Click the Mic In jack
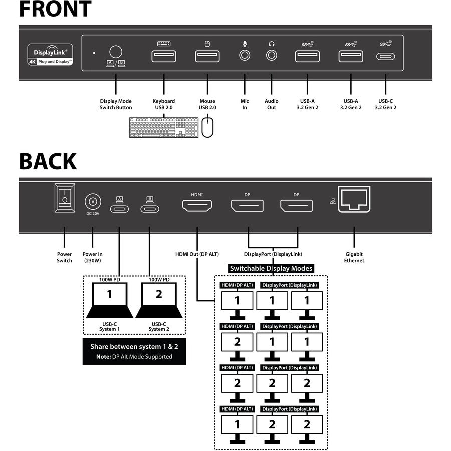245,55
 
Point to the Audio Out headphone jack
271,55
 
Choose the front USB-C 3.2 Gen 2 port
385,56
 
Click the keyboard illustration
164,127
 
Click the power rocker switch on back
64,198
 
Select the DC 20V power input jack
92,202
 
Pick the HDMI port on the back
197,205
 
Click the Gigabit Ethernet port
354,199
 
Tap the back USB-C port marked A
119,208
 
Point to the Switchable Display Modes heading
271,268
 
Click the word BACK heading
48,162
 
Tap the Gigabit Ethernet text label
354,257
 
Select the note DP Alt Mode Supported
134,357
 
